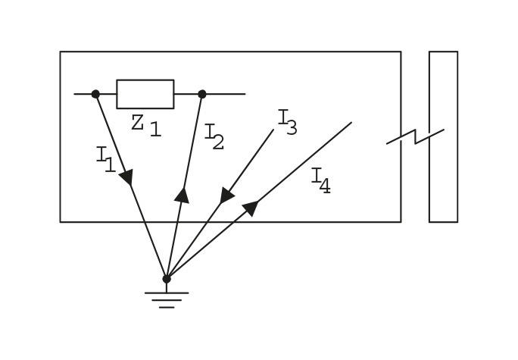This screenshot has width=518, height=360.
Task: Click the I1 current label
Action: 106,159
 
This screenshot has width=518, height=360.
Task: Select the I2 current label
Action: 214,136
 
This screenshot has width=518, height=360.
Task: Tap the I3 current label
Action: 288,122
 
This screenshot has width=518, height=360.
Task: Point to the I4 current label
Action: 321,180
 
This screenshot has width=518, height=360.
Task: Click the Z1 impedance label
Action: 146,125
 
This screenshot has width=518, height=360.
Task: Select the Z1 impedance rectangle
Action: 145,94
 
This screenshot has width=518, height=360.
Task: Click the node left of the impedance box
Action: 95,94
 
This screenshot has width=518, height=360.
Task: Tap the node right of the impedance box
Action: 202,94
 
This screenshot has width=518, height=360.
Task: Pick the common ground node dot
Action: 167,279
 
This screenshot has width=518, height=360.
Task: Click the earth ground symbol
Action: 167,299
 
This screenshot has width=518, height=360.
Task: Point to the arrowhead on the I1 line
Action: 126,177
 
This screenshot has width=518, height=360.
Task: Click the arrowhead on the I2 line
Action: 182,195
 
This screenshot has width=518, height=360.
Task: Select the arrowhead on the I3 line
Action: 226,195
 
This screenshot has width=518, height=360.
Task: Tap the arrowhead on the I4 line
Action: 251,208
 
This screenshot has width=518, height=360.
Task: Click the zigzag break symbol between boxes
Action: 415,136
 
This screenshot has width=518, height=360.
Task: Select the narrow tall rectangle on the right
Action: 443,137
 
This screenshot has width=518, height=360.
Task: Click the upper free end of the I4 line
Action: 351,122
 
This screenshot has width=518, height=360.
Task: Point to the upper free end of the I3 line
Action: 273,130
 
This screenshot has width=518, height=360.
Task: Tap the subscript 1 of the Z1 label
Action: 155,130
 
